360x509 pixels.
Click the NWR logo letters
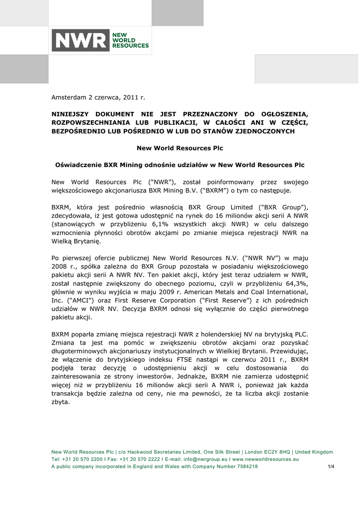[81, 40]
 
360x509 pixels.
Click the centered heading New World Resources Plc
[180, 148]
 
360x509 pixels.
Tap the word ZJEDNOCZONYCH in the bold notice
[264, 131]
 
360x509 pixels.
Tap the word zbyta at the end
[61, 402]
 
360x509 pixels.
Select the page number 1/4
[331, 467]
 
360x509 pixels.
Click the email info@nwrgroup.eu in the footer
[206, 459]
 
